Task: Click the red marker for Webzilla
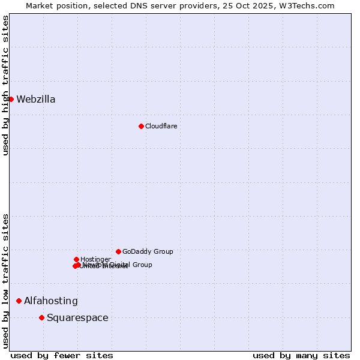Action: point(11,99)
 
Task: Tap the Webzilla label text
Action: point(36,100)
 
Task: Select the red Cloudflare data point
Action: point(141,126)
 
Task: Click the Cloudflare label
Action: point(161,126)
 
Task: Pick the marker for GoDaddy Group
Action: point(118,251)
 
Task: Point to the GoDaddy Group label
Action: point(148,251)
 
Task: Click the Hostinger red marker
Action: point(76,259)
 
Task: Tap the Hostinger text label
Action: point(95,259)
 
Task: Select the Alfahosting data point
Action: point(19,301)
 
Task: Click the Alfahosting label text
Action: point(51,301)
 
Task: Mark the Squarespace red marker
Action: point(41,317)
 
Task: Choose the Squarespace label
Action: point(77,318)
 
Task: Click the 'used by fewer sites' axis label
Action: point(62,355)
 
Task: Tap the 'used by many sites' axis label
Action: point(301,355)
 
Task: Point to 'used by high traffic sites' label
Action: point(5,85)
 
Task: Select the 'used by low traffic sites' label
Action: point(5,281)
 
